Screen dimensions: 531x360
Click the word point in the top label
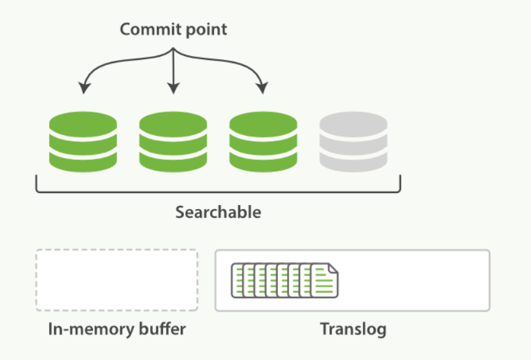tap(206, 30)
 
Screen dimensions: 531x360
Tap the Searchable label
tap(218, 212)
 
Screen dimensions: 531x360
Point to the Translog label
tap(353, 329)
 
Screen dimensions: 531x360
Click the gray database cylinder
tap(353, 141)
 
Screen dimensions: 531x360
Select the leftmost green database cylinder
tap(83, 141)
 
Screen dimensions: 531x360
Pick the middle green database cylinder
tap(173, 141)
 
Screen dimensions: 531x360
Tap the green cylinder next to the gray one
tap(263, 141)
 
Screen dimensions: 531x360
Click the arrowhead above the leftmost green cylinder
tap(84, 87)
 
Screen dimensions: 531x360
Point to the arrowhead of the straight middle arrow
tap(173, 88)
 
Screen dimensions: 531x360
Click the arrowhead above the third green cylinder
tap(262, 87)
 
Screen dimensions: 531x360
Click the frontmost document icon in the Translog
tap(324, 280)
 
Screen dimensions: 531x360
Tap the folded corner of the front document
tap(333, 268)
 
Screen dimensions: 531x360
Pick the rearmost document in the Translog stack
tap(237, 280)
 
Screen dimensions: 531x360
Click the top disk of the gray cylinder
tap(353, 124)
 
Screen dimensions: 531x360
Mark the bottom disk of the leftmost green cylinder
tap(83, 162)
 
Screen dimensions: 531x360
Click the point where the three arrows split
tap(173, 48)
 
